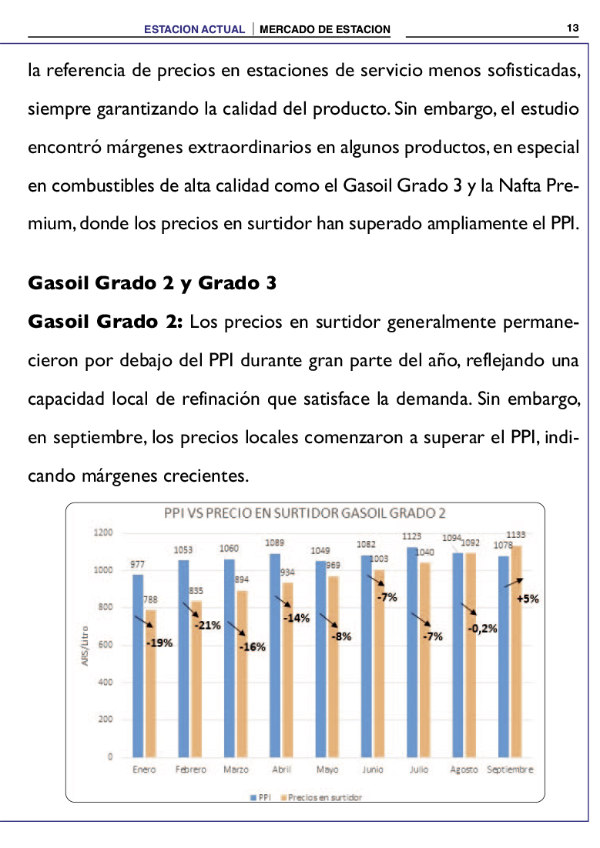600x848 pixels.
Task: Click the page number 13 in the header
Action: click(573, 28)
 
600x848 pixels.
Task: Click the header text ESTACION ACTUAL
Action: click(194, 29)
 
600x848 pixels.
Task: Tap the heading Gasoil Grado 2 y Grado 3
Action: click(153, 283)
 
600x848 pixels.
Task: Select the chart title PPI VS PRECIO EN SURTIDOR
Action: click(305, 512)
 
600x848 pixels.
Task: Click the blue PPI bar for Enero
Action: click(138, 666)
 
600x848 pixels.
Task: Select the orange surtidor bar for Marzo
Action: click(242, 674)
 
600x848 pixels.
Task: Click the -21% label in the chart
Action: click(207, 625)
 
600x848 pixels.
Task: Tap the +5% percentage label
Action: click(528, 599)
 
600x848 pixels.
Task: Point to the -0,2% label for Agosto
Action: click(482, 629)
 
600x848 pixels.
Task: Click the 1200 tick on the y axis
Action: click(103, 533)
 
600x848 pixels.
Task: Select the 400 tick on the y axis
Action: click(105, 682)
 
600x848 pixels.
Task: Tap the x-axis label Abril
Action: click(281, 769)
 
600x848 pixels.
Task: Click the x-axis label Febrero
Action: click(190, 769)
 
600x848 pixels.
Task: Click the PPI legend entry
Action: click(260, 797)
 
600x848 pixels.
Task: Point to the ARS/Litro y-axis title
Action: click(85, 646)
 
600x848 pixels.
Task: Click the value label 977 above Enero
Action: click(138, 564)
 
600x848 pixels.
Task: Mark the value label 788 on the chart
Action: click(150, 599)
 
